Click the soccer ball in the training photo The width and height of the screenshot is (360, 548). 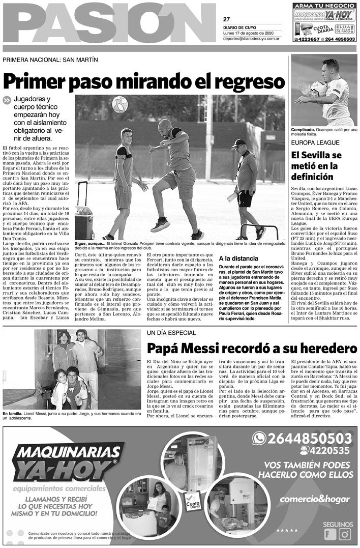pyautogui.click(x=119, y=104)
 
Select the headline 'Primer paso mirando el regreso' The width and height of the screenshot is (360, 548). pyautogui.click(x=143, y=81)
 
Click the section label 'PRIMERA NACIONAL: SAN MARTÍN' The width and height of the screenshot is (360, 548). pyautogui.click(x=50, y=60)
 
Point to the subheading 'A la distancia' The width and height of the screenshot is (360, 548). pyautogui.click(x=237, y=258)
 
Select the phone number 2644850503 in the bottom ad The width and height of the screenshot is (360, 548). pyautogui.click(x=309, y=438)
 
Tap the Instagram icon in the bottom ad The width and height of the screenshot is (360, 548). pyautogui.click(x=345, y=534)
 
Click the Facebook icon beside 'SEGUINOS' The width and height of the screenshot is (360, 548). pyautogui.click(x=331, y=534)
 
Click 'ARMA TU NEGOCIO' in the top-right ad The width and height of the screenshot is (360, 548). pyautogui.click(x=324, y=6)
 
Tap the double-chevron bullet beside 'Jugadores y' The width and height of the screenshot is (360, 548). pyautogui.click(x=7, y=100)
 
